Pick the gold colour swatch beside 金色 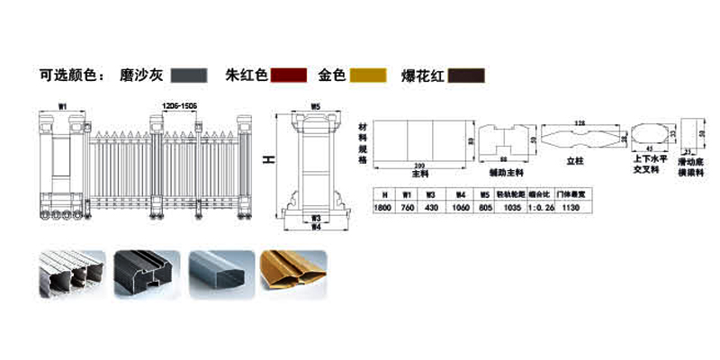369,76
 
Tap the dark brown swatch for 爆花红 467,76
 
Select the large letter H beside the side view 266,160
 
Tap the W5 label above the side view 315,107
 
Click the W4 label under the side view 316,226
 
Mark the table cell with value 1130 569,207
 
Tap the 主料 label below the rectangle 420,173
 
